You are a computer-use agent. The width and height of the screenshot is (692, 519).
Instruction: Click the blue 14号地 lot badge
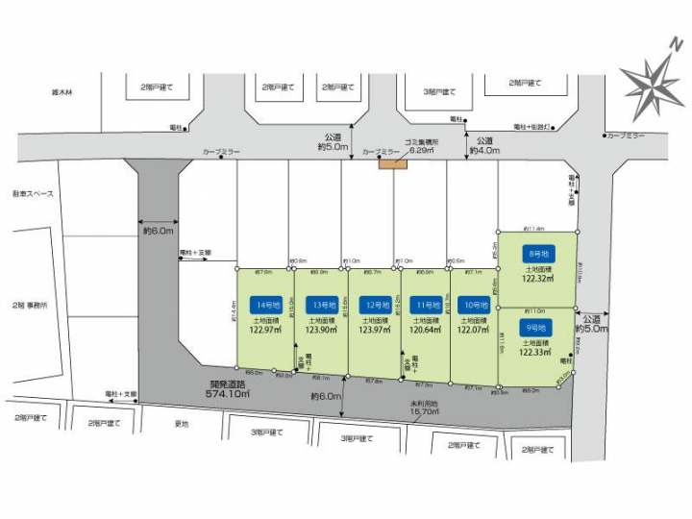pos(267,305)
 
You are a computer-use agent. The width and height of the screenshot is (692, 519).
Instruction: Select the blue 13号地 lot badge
pos(321,305)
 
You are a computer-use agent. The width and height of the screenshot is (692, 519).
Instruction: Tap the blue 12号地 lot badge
pos(373,305)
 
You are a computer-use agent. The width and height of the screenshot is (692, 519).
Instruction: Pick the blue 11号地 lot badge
pos(425,305)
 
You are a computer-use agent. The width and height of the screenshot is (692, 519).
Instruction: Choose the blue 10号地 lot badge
pos(473,305)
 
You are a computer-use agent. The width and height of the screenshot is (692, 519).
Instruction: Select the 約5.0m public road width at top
pos(333,146)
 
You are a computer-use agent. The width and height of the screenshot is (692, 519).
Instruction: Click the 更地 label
pos(181,424)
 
